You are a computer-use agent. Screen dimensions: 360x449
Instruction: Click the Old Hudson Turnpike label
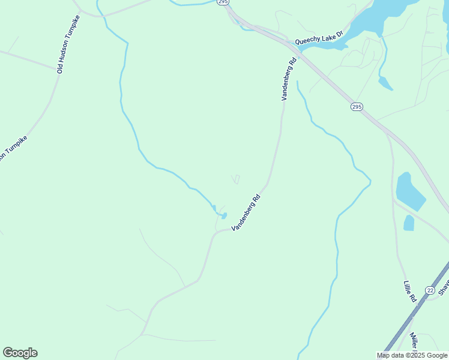[68, 44]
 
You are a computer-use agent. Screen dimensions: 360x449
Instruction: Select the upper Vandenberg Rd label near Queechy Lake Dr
[289, 79]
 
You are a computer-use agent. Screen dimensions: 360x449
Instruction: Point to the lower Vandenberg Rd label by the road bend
[246, 212]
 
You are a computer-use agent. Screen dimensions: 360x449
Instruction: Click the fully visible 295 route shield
[357, 107]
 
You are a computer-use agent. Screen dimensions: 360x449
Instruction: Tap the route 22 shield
[430, 290]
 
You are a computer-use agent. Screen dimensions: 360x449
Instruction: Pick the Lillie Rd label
[410, 292]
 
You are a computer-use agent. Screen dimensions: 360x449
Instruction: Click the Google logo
[20, 353]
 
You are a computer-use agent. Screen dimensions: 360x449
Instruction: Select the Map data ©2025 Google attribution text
[412, 355]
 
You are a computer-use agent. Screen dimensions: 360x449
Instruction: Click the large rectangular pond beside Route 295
[409, 192]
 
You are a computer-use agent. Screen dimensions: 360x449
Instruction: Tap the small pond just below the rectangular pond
[409, 223]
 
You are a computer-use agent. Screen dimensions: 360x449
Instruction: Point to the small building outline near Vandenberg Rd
[236, 179]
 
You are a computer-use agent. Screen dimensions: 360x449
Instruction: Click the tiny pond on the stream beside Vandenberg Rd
[223, 215]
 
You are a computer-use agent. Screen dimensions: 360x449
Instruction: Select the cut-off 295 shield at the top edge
[223, 2]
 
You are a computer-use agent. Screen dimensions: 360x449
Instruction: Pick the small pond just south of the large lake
[385, 83]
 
